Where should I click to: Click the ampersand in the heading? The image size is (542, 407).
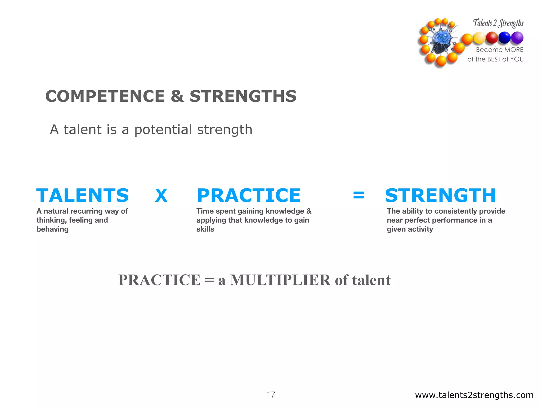pyautogui.click(x=177, y=96)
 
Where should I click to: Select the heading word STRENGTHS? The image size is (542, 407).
pyautogui.click(x=243, y=96)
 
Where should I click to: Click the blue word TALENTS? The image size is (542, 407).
pyautogui.click(x=83, y=196)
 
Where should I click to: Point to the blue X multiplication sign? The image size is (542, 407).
pyautogui.click(x=161, y=196)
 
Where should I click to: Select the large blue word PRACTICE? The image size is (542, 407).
pyautogui.click(x=249, y=196)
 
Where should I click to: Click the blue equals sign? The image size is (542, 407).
pyautogui.click(x=359, y=195)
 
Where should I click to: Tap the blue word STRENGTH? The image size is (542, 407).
pyautogui.click(x=440, y=196)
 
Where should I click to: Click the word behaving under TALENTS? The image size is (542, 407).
pyautogui.click(x=52, y=229)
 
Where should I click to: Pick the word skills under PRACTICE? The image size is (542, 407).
pyautogui.click(x=205, y=229)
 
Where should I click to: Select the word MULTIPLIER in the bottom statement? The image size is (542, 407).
pyautogui.click(x=280, y=280)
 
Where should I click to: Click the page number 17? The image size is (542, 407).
pyautogui.click(x=271, y=395)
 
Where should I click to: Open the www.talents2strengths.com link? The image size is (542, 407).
pyautogui.click(x=474, y=395)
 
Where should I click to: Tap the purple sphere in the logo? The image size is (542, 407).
pyautogui.click(x=517, y=38)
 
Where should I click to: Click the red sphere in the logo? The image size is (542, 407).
pyautogui.click(x=492, y=38)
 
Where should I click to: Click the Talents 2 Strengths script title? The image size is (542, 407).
pyautogui.click(x=498, y=23)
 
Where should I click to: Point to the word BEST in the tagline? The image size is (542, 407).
pyautogui.click(x=494, y=59)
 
